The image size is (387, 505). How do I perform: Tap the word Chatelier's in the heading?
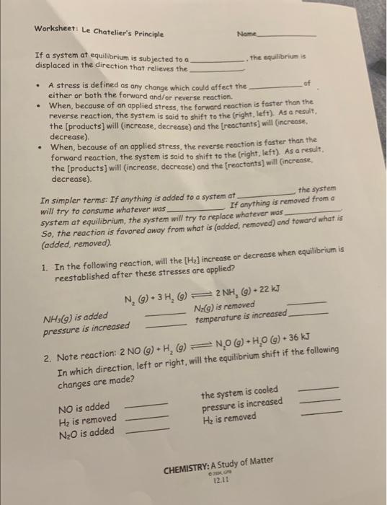[126, 33]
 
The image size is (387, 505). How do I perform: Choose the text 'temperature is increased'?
[241, 316]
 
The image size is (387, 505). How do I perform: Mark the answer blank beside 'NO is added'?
[147, 405]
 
